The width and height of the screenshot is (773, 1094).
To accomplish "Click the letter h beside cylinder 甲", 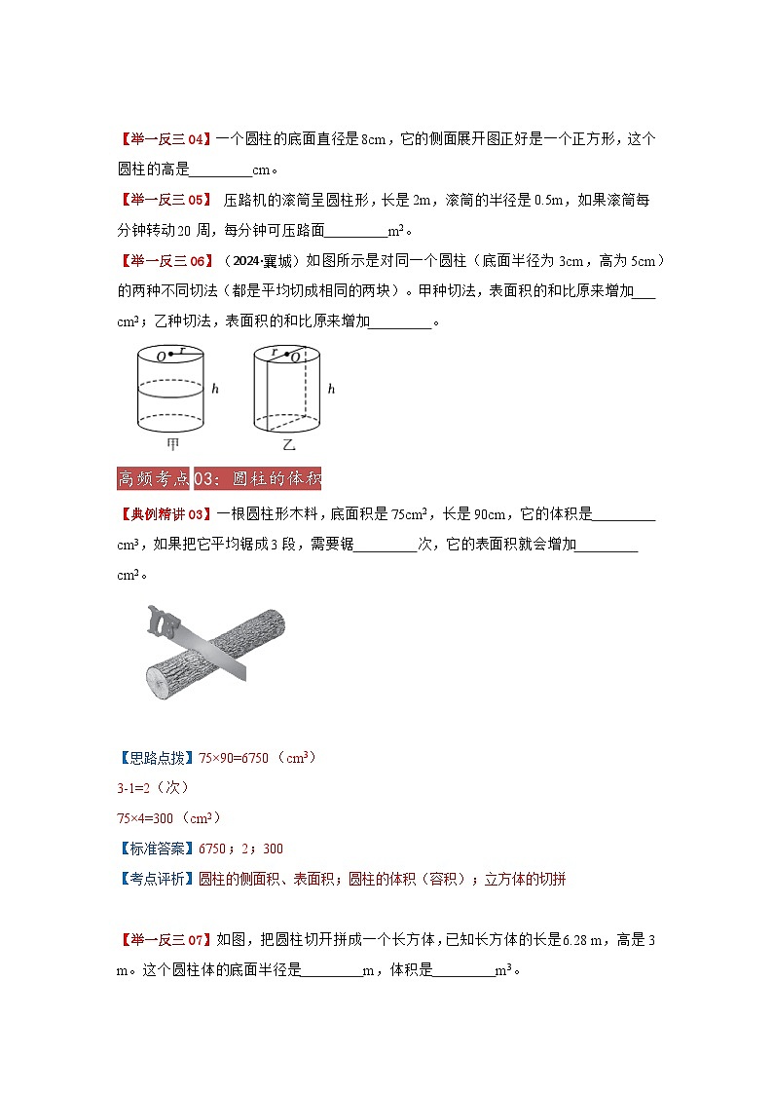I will [x=215, y=389].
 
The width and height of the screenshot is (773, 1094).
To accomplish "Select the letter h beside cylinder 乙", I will [x=331, y=389].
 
